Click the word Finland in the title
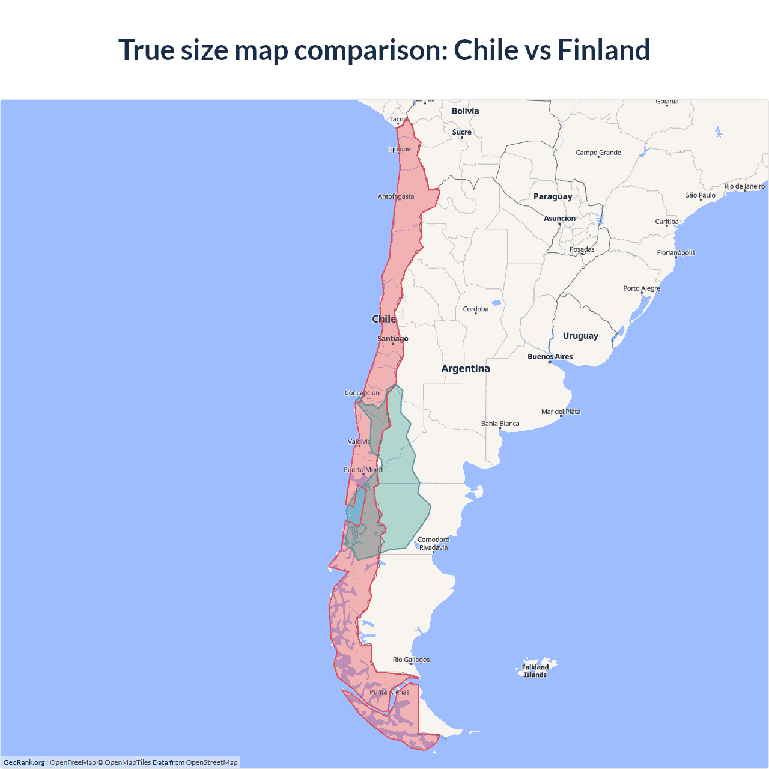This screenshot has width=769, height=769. click(x=604, y=50)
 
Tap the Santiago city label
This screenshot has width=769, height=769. click(x=392, y=339)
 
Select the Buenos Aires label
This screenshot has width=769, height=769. click(x=550, y=357)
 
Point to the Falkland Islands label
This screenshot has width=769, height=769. click(x=535, y=671)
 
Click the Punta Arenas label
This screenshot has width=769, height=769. click(x=389, y=692)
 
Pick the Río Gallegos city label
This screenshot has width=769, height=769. click(x=411, y=660)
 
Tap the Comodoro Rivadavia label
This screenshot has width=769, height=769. click(x=433, y=544)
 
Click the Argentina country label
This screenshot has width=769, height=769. click(x=466, y=369)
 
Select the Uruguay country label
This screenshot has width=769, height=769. click(x=580, y=336)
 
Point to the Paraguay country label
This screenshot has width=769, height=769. click(x=553, y=196)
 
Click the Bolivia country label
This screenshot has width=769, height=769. click(x=465, y=111)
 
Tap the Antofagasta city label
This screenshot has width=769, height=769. click(x=395, y=196)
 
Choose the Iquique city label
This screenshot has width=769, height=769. click(x=399, y=149)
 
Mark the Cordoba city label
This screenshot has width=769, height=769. click(x=476, y=309)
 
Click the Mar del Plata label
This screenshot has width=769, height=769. click(x=561, y=412)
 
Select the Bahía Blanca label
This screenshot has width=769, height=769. click(x=500, y=424)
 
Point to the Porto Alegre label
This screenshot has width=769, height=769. click(x=642, y=288)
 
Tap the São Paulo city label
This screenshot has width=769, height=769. click(x=701, y=195)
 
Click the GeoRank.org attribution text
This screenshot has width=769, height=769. click(x=24, y=762)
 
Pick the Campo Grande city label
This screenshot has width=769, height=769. click(x=598, y=153)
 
